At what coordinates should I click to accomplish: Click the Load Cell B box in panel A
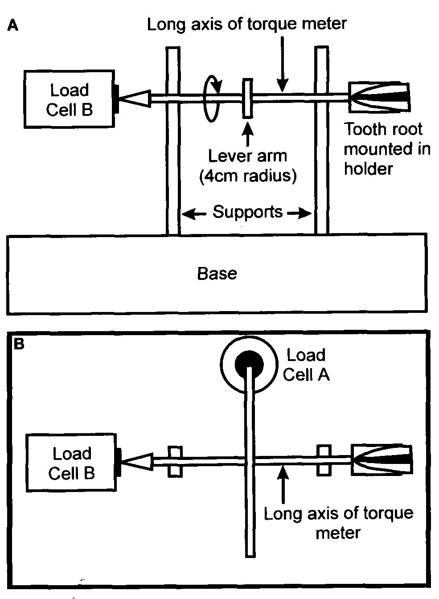(69, 99)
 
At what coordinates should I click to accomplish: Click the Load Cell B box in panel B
(71, 463)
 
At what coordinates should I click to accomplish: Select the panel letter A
(13, 26)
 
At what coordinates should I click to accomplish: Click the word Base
(217, 273)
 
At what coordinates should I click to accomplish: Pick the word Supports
(247, 212)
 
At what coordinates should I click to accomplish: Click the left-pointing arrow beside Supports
(194, 214)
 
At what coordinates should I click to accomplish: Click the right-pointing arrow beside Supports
(300, 214)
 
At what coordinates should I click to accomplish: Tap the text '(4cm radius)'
(247, 176)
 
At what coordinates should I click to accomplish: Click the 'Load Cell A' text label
(306, 365)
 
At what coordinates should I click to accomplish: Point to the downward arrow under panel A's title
(282, 62)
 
